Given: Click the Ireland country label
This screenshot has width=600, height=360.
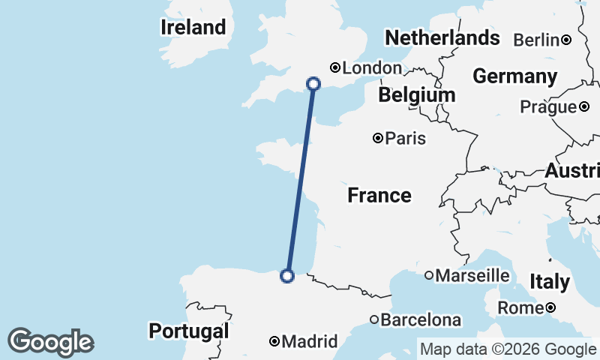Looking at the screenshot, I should (193, 28).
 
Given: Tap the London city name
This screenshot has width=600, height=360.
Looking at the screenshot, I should (372, 68).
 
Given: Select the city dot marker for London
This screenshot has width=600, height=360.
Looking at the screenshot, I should (335, 67).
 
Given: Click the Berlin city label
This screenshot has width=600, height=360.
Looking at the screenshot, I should (536, 40).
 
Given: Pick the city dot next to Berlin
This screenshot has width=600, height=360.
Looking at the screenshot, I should (567, 40).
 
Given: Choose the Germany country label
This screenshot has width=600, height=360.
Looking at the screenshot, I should (514, 76).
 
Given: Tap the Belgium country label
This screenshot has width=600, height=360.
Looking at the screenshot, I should (416, 95).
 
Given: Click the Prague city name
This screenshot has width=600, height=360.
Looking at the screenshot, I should (548, 107).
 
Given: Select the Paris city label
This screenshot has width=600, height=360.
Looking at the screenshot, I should (406, 139).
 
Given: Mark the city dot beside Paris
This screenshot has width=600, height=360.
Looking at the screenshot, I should (378, 138).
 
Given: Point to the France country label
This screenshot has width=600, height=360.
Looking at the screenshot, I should (379, 196).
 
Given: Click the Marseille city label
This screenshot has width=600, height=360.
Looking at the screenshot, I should (472, 276).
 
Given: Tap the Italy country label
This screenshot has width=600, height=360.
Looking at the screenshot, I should (550, 282).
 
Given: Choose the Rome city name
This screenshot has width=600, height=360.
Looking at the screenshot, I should (520, 308).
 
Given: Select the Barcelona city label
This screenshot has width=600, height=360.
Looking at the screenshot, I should (421, 320).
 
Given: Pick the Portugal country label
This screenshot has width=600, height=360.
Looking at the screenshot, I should (188, 331).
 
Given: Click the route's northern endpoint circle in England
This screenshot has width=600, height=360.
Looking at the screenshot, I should (313, 84).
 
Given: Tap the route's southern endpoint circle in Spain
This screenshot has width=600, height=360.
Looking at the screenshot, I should (286, 276).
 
